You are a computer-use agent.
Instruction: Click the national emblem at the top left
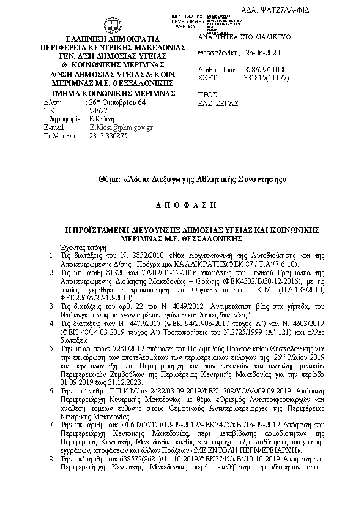[113, 25]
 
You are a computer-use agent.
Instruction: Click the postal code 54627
[98, 110]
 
